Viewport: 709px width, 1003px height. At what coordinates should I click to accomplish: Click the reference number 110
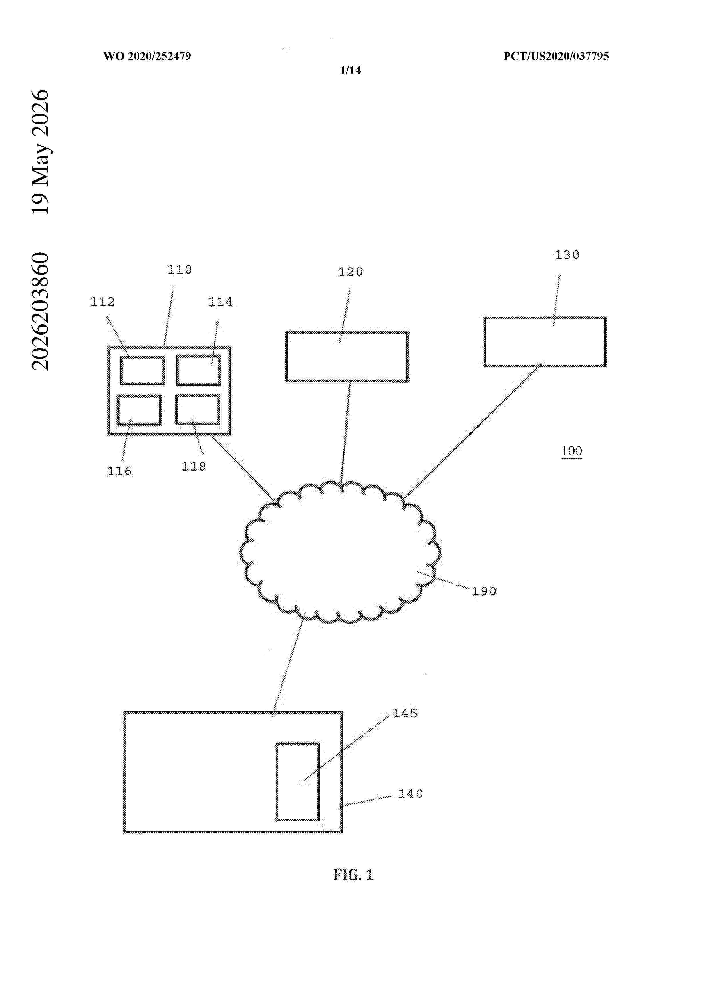click(180, 270)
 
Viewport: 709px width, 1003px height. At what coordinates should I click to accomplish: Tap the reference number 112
click(102, 301)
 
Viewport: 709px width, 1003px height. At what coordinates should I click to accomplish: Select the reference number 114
click(220, 302)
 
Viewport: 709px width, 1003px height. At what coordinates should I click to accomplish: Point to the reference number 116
click(119, 471)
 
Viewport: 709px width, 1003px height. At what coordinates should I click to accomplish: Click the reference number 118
click(194, 467)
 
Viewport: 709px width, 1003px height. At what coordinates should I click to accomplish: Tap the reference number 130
click(567, 255)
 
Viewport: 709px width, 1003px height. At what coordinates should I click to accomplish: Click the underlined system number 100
click(571, 451)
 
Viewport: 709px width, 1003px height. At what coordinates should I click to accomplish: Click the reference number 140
click(410, 794)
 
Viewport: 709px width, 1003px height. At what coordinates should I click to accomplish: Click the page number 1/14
click(350, 70)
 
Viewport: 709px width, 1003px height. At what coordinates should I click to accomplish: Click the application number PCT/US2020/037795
click(556, 56)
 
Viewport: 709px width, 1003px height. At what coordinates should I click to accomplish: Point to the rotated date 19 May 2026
click(41, 152)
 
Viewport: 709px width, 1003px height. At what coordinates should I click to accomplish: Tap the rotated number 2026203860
click(41, 311)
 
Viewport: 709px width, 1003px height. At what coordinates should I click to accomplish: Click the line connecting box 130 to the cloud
click(473, 430)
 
